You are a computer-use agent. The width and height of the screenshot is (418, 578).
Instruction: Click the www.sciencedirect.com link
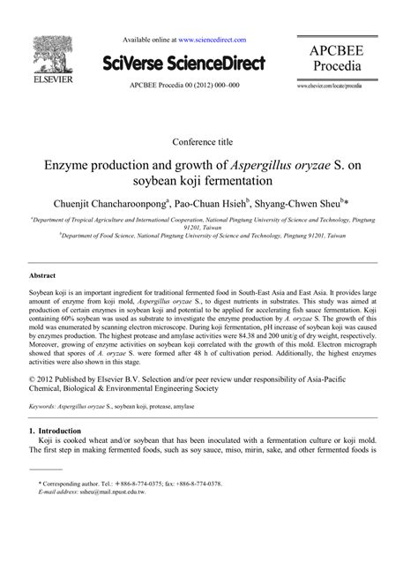[x=213, y=40]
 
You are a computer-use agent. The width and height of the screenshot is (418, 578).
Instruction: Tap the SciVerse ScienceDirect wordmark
[x=183, y=62]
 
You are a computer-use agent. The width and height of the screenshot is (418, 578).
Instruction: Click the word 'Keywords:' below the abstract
[x=48, y=408]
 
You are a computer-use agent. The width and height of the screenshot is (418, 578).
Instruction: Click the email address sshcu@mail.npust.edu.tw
[x=117, y=493]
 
